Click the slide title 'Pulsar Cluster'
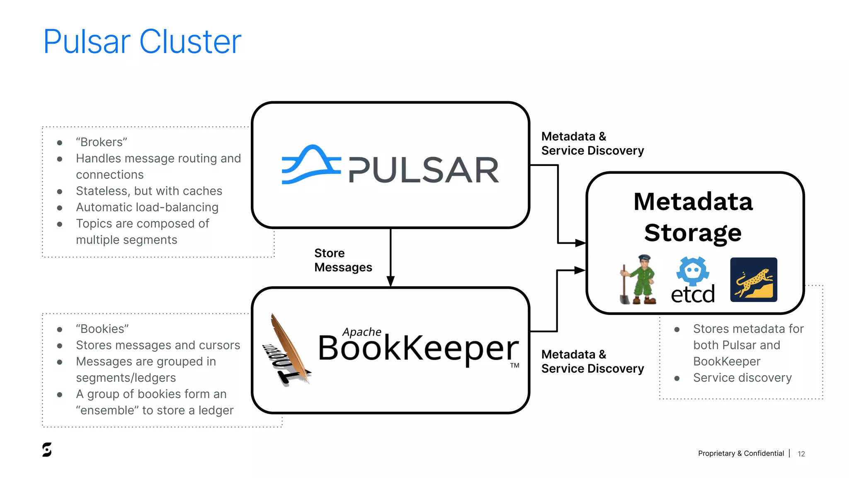[x=142, y=41]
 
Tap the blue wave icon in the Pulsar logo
[x=310, y=165]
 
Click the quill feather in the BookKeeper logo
[x=288, y=346]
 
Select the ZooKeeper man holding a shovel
[x=639, y=280]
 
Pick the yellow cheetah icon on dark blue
[x=753, y=280]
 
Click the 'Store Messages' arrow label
[x=342, y=260]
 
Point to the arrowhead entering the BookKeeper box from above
[x=391, y=282]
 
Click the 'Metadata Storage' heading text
[x=693, y=217]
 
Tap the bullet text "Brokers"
[x=102, y=142]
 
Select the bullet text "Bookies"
[x=102, y=329]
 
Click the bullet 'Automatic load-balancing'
[x=147, y=207]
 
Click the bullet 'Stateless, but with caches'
[x=149, y=191]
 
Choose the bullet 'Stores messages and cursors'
[x=158, y=345]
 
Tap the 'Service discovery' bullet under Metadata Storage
[x=742, y=378]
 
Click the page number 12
[x=801, y=454]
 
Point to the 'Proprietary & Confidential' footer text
[x=741, y=454]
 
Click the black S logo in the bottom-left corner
[x=47, y=450]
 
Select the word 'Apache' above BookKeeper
[x=361, y=332]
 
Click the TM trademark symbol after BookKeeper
[x=514, y=366]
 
